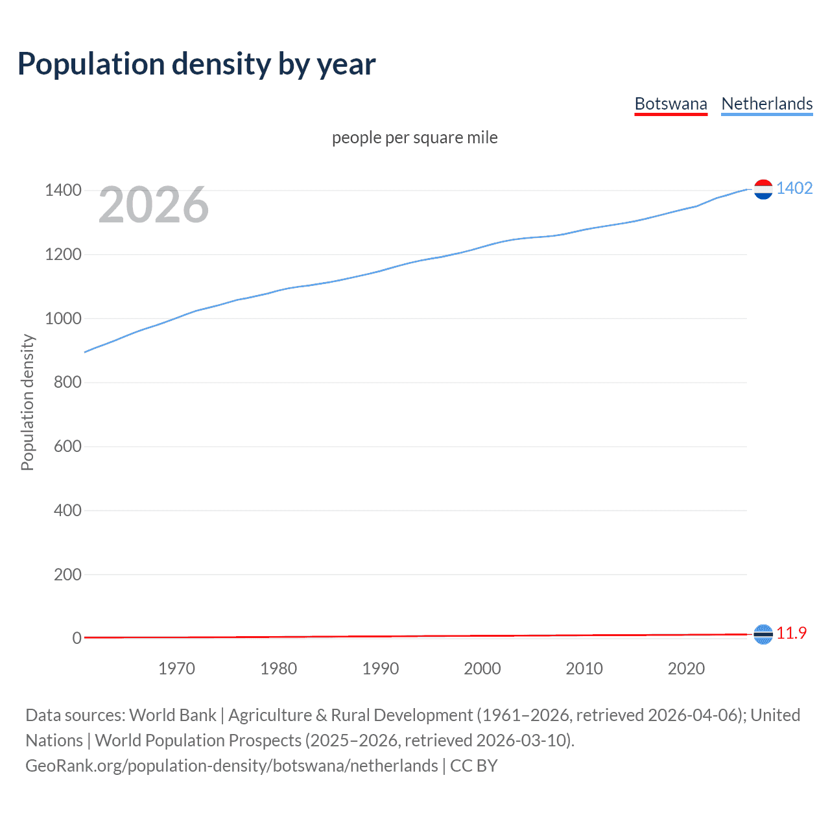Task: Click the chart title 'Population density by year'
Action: pos(196,64)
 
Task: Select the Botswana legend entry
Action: pos(670,104)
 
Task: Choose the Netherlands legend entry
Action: pos(766,104)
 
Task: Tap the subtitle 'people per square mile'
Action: pos(414,137)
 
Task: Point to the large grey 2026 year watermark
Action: pos(154,205)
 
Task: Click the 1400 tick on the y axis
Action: pos(63,190)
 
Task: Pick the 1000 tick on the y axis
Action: pos(63,318)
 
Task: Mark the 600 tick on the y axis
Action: pos(67,446)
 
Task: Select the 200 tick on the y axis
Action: pos(67,575)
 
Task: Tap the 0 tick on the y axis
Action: pos(77,638)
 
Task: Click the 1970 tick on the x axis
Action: pos(176,669)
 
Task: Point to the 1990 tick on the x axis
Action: pos(381,669)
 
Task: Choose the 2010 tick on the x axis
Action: pos(584,669)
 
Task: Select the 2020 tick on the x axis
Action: pos(686,669)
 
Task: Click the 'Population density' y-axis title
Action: pos(27,402)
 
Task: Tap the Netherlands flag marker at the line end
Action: pos(763,189)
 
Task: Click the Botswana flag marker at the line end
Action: pos(763,634)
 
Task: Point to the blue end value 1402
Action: pos(794,188)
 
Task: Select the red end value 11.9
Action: pos(791,633)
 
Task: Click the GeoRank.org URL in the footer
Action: pos(231,766)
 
